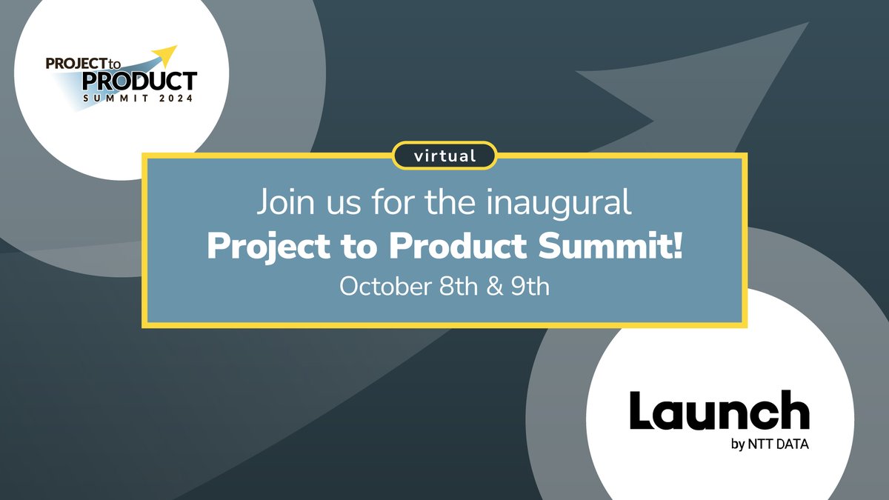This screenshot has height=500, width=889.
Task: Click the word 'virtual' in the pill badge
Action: click(444, 156)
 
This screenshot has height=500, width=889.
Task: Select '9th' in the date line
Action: click(532, 287)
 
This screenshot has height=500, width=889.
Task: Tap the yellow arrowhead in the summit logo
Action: click(169, 53)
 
